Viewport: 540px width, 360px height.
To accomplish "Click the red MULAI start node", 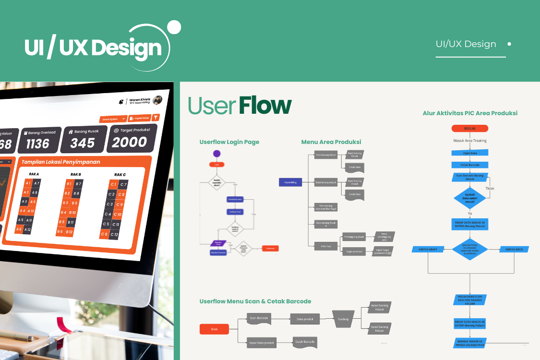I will click(469, 129).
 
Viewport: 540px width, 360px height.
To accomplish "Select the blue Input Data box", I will click(469, 153).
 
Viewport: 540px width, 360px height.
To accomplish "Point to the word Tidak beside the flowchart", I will click(490, 189).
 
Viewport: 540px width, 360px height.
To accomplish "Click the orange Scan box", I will click(214, 329).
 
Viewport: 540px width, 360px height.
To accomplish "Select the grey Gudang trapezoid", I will click(343, 318).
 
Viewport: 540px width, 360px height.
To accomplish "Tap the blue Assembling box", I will click(290, 182).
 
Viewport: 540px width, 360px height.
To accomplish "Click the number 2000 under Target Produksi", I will click(130, 142).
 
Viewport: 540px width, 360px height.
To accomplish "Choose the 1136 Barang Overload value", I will click(37, 144).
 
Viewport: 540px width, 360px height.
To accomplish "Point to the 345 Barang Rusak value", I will click(83, 143).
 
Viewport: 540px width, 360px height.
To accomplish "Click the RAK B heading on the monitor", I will click(76, 174).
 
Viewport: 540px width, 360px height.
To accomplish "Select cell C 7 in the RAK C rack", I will click(123, 184).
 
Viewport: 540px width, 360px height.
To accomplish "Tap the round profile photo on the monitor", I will click(157, 100).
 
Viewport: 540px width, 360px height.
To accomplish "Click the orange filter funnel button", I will click(156, 118).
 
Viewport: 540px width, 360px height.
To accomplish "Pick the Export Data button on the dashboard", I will click(140, 118).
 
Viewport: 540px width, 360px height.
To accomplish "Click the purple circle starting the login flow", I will click(216, 154).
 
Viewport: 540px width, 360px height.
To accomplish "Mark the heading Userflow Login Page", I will click(229, 142).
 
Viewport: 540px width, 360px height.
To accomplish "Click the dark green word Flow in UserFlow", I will click(265, 106).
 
